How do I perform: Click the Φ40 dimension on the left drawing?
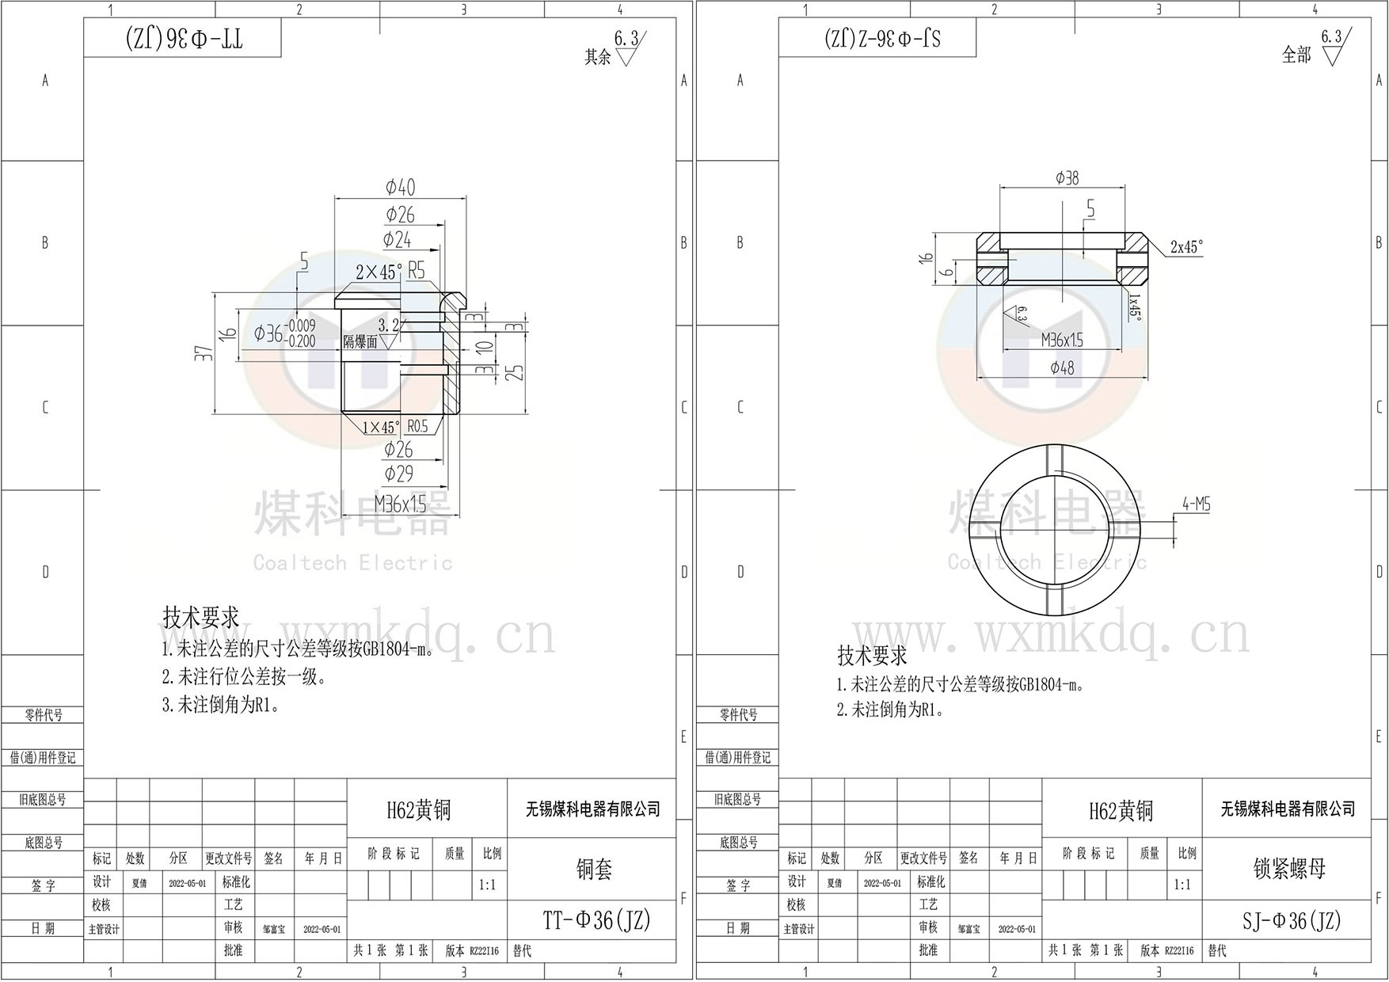(400, 188)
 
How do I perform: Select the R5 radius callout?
(416, 271)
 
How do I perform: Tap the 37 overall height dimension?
(204, 353)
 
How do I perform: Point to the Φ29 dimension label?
(399, 474)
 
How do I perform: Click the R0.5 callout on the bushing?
(417, 427)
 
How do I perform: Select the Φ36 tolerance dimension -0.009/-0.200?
(285, 333)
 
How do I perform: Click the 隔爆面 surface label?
(360, 341)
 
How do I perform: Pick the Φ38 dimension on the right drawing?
(1067, 178)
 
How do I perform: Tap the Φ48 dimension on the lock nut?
(1062, 367)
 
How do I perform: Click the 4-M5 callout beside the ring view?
(1196, 504)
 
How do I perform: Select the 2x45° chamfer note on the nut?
(1185, 247)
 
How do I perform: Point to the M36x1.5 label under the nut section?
(1062, 341)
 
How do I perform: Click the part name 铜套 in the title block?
(593, 870)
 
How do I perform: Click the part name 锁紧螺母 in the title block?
(1288, 869)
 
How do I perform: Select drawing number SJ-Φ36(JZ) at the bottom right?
(1291, 921)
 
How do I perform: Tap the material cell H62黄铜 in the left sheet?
(418, 809)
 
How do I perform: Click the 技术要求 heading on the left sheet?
(200, 618)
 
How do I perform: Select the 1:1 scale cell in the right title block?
(1182, 885)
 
